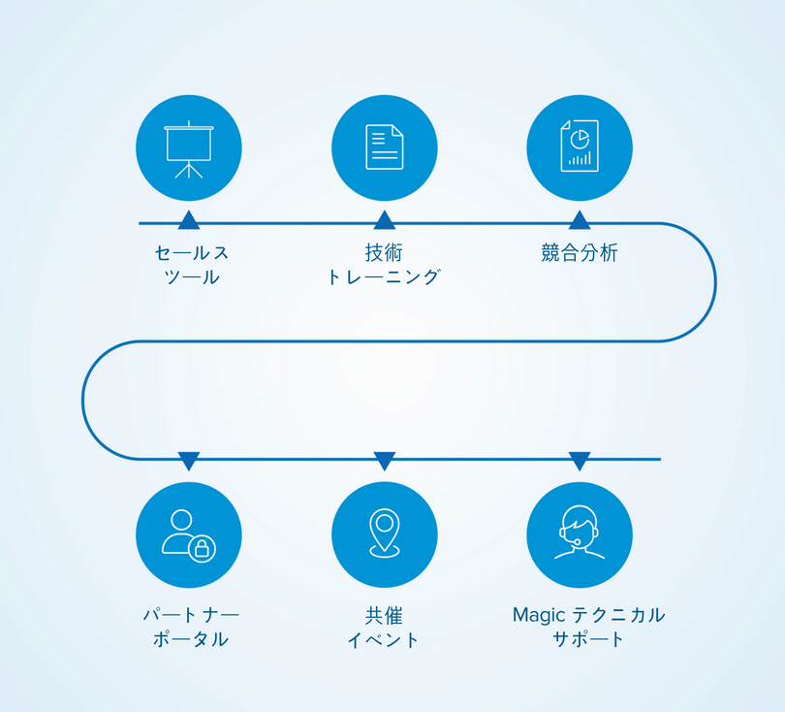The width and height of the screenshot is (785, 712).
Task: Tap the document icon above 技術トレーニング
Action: pos(384,148)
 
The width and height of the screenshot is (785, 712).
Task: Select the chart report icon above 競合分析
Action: pos(580,148)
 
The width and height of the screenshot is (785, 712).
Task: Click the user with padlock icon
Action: pos(189,534)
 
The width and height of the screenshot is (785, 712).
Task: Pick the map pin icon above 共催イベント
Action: pos(384,534)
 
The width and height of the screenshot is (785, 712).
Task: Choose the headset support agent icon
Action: pos(580,534)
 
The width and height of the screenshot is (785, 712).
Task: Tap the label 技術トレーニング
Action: pos(384,265)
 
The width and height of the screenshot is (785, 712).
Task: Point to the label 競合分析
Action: pos(580,253)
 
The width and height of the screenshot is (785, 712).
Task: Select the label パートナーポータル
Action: pos(191,627)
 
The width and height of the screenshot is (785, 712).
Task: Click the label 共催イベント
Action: pos(384,627)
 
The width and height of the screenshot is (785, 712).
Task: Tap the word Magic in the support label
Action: pos(531,615)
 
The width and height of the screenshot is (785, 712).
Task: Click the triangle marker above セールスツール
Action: pos(189,220)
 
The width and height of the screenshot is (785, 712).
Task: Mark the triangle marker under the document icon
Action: pos(384,220)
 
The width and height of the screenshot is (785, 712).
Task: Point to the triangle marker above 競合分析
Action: pos(580,220)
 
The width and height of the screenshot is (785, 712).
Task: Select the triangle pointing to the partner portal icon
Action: pos(189,461)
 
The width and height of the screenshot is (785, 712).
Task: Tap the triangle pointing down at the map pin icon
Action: pos(384,461)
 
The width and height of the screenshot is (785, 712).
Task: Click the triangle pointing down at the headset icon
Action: pos(580,461)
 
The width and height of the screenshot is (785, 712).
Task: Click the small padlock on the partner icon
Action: pos(202,549)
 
